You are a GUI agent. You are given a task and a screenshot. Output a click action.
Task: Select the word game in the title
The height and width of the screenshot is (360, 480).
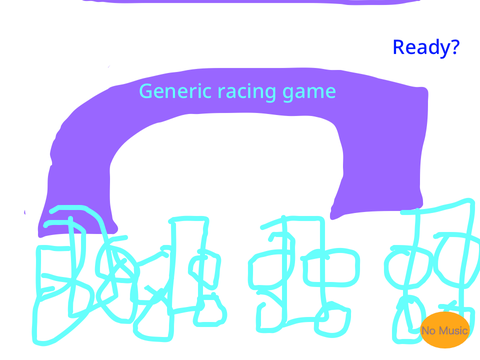(309, 93)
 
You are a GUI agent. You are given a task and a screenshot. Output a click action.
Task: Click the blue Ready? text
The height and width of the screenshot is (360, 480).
(426, 48)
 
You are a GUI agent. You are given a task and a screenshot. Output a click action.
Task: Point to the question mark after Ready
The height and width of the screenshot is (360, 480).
(454, 47)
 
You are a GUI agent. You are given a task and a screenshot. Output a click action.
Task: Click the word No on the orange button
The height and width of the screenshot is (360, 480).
(428, 331)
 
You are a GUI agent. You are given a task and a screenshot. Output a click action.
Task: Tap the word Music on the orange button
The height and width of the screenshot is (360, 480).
(452, 331)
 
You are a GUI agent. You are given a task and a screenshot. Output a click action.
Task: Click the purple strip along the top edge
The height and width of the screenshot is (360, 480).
(251, 1)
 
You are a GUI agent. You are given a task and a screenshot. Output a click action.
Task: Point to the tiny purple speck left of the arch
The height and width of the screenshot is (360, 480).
(25, 212)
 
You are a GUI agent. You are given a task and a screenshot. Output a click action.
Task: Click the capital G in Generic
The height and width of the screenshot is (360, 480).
(145, 91)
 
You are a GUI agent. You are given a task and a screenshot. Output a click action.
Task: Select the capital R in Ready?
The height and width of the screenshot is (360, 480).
(399, 48)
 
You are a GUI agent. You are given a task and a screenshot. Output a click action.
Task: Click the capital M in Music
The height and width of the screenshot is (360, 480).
(442, 331)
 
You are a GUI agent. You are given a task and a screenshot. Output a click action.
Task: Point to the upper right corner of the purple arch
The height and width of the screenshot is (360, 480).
(424, 90)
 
